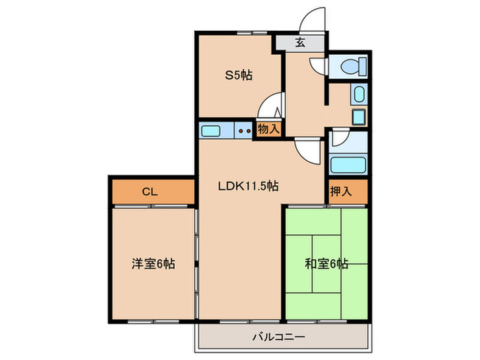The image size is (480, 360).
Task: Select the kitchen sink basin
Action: point(211,130)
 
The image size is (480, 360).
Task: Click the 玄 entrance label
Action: point(300,43)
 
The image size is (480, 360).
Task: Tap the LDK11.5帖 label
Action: point(248,185)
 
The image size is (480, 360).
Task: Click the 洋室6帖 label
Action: point(153,263)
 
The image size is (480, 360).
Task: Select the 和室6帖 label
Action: point(326,263)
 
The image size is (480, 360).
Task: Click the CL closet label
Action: point(151,193)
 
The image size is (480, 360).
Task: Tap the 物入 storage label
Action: point(268,129)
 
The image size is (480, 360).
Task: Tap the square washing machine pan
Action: point(359,116)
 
